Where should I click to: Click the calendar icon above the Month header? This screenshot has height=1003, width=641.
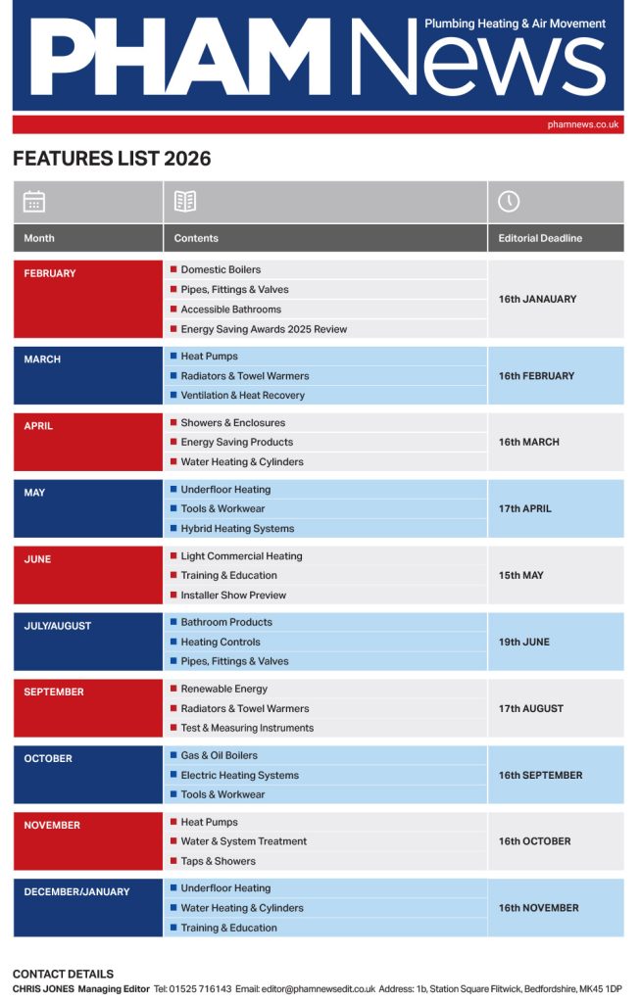[x=34, y=202]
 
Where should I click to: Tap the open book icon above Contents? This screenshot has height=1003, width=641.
[x=185, y=202]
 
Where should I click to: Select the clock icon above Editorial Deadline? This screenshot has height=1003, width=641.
[x=509, y=202]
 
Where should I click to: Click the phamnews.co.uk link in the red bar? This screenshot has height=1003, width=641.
[x=583, y=125]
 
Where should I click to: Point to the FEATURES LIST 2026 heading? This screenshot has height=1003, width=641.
[x=112, y=159]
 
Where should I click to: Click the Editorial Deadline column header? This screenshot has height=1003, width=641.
[x=540, y=238]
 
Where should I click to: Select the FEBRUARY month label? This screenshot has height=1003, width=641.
[x=50, y=273]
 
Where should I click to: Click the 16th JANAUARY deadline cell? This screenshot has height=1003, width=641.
[x=537, y=299]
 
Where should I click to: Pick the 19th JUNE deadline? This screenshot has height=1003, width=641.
[x=524, y=642]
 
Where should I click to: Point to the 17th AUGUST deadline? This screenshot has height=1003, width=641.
[x=531, y=708]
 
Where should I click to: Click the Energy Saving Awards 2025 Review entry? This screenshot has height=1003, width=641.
[x=264, y=329]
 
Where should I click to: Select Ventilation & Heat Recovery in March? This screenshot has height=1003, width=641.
[x=242, y=396]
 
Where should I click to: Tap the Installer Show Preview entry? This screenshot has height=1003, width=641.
[x=233, y=595]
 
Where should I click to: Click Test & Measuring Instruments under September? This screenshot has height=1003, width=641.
[x=247, y=728]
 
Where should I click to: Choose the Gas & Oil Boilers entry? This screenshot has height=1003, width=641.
[x=219, y=755]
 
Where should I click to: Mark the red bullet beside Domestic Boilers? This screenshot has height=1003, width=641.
[x=173, y=269]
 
